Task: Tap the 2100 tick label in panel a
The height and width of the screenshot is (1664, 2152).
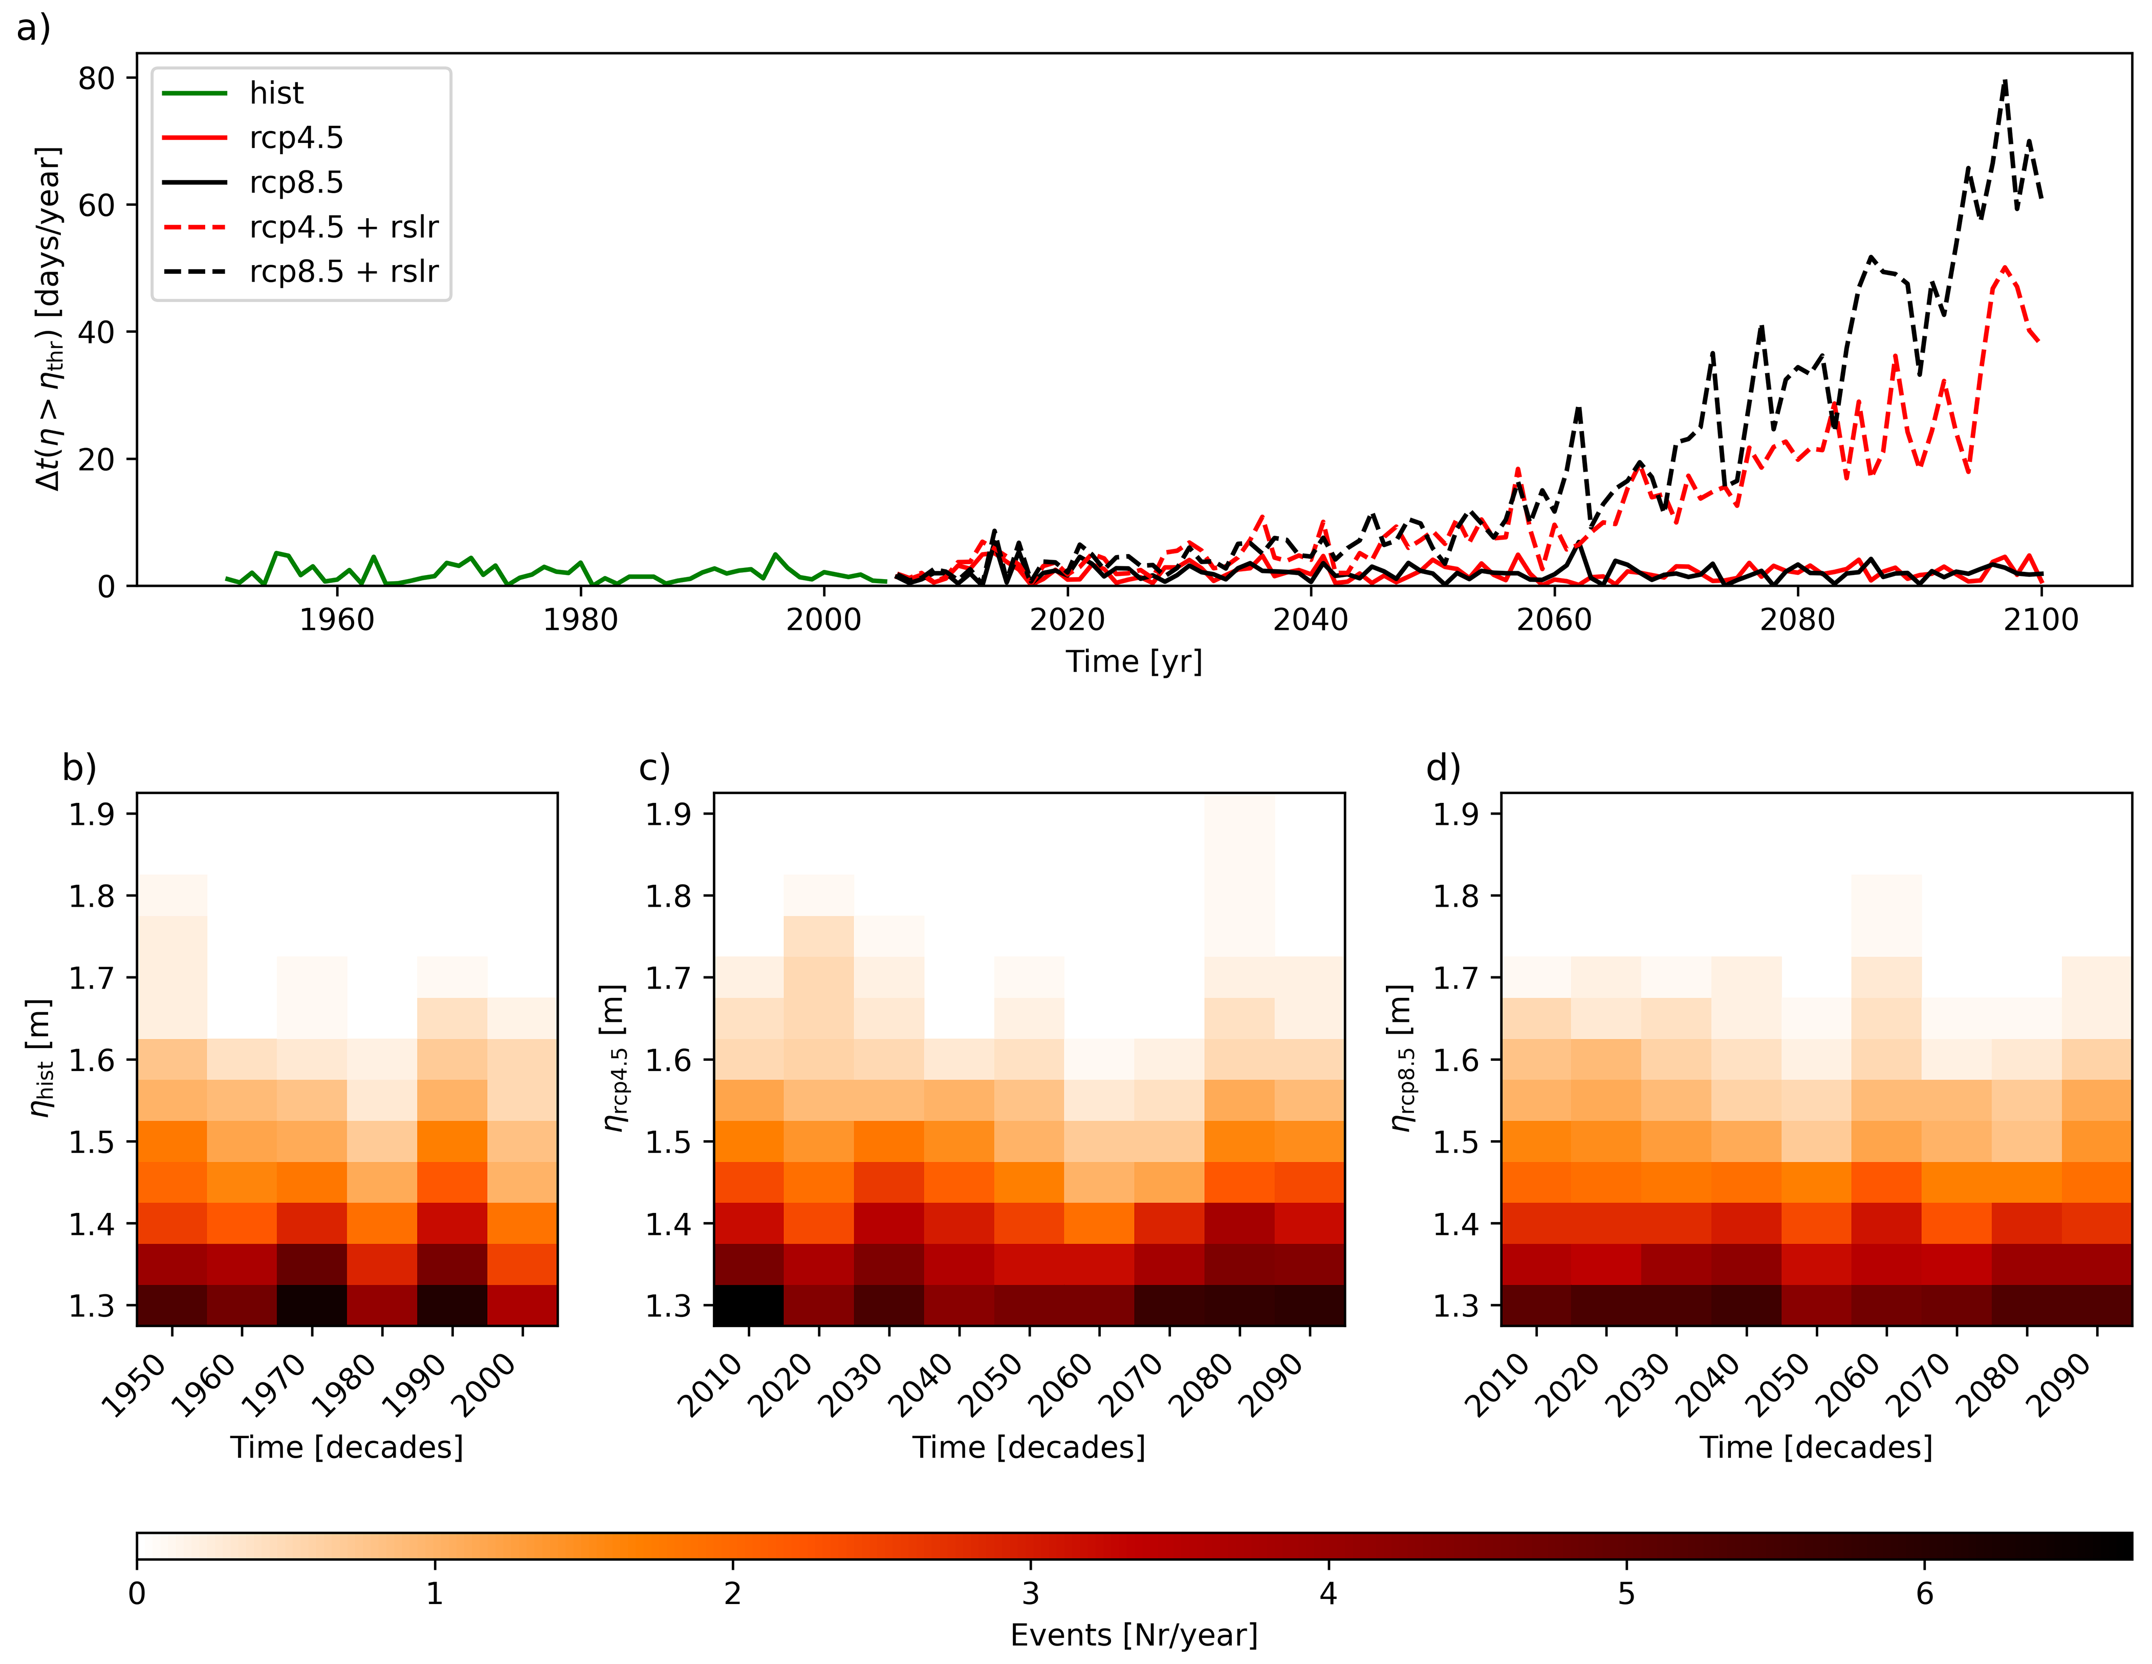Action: [2040, 620]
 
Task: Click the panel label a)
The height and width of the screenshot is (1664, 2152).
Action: [33, 28]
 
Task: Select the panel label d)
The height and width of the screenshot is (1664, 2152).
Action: [1444, 767]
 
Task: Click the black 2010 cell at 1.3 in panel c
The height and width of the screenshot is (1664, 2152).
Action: [749, 1305]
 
